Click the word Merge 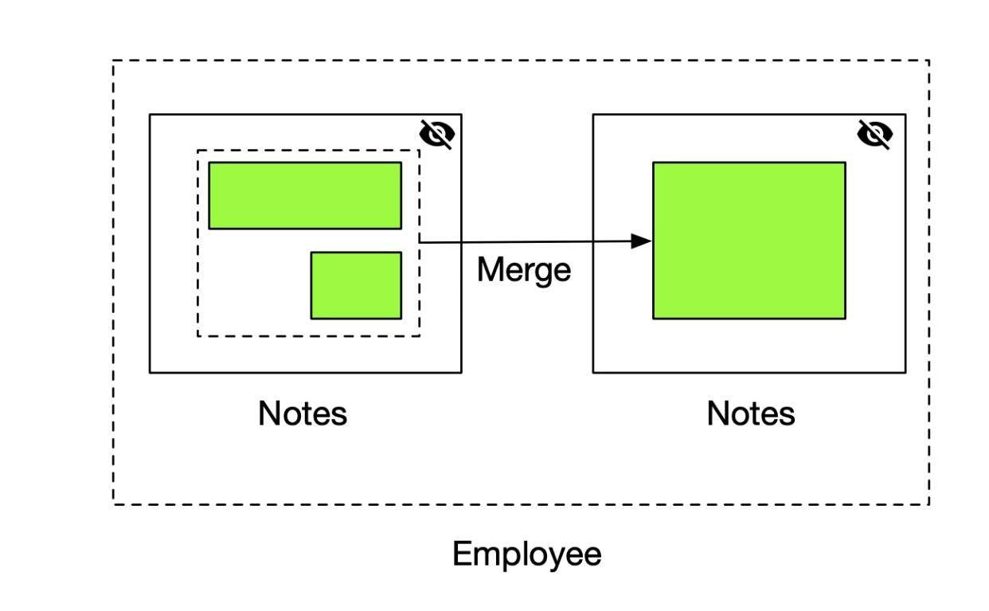pos(524,270)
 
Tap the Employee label pos(526,555)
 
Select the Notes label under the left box pos(303,413)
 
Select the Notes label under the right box pos(751,413)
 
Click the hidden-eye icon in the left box pos(436,135)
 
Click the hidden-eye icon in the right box pos(874,135)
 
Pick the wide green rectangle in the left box pos(305,196)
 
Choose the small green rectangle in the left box pos(356,285)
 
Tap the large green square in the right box pos(749,241)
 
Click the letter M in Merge pos(490,269)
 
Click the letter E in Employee pos(461,554)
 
